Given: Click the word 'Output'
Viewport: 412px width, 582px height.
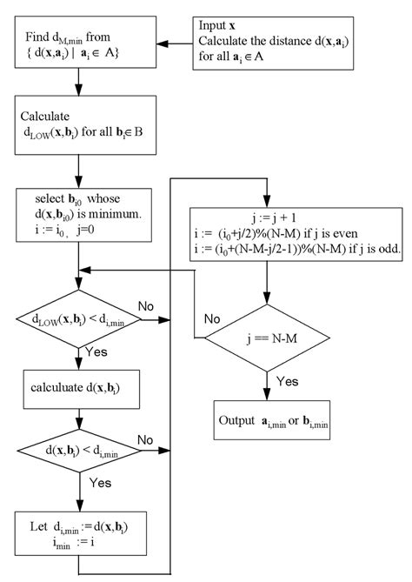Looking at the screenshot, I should coord(243,421).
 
